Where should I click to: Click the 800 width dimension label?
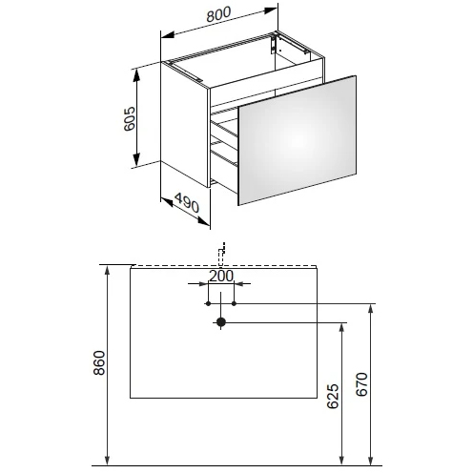pos(218,14)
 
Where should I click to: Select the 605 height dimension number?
pos(130,119)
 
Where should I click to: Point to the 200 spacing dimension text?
pos(221,276)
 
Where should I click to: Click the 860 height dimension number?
pos(99,363)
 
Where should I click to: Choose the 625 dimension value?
pos(333,396)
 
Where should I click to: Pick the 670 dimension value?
pos(361,384)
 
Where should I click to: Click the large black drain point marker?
pos(221,322)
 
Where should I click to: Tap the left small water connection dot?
pos(208,303)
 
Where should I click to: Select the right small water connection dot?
pos(234,303)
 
